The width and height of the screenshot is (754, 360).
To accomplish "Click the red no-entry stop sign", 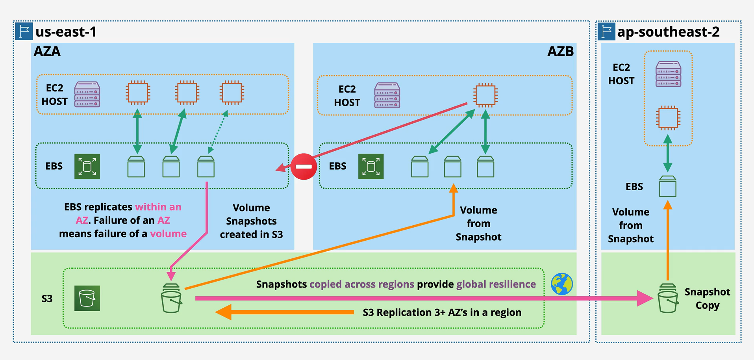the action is coord(304,167).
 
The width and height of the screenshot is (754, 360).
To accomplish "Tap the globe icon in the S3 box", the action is coord(562,284).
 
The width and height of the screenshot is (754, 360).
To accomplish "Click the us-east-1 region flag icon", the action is coord(24,31).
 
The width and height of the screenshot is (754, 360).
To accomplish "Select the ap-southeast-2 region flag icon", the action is coord(606,31).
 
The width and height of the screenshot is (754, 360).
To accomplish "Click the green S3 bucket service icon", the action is coord(87,298).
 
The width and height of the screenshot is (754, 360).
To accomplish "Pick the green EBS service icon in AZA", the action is coord(87,167).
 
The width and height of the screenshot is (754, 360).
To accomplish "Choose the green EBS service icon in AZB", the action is coord(371,167).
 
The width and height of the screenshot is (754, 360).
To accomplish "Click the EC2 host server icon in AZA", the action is coord(87,95).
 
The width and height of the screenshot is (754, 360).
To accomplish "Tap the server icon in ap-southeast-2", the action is coord(668,74).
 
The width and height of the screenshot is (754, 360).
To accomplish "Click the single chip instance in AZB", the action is coord(485,95).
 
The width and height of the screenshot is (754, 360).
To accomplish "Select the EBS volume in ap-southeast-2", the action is coord(668,186).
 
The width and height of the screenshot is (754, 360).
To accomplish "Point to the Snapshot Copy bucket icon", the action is coord(668,298).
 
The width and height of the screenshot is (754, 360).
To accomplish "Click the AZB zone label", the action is coord(560,52).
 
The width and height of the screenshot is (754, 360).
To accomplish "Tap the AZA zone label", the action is coord(47,52).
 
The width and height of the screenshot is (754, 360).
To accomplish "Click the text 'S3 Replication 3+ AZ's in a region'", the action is coord(442,312).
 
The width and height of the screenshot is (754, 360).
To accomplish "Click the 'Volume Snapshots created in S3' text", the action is coord(251,221).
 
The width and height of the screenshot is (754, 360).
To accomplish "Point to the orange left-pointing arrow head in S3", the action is coord(223,312).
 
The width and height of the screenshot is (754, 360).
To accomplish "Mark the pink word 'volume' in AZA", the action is coord(168,234).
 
